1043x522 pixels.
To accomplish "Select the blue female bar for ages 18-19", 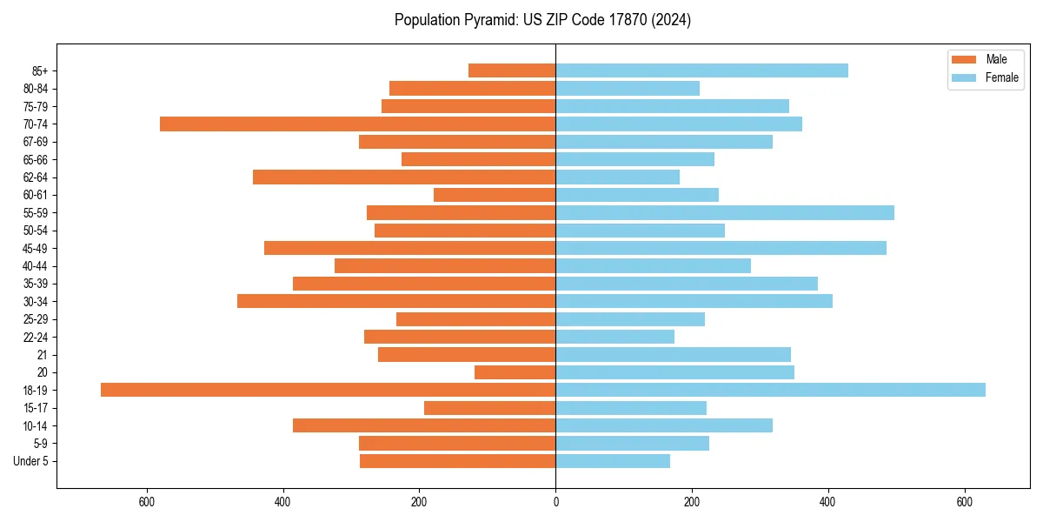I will [770, 390].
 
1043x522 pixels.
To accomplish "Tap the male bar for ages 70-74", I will [357, 124].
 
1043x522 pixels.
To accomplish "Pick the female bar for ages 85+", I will [701, 70].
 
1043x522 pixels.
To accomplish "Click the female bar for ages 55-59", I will [725, 212].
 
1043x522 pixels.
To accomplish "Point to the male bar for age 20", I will [515, 372].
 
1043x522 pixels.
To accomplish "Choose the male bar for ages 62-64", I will [404, 177].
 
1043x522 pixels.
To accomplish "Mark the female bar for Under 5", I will [613, 461].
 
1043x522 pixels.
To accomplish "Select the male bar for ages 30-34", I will [396, 301].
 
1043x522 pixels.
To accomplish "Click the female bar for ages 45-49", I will [721, 248].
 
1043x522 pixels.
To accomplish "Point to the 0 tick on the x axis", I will [555, 502].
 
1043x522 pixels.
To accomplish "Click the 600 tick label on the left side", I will [147, 502].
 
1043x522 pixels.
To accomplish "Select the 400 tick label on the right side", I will [827, 502].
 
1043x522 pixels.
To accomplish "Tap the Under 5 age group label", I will [30, 461].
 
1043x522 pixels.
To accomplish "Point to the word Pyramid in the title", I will [487, 20].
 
